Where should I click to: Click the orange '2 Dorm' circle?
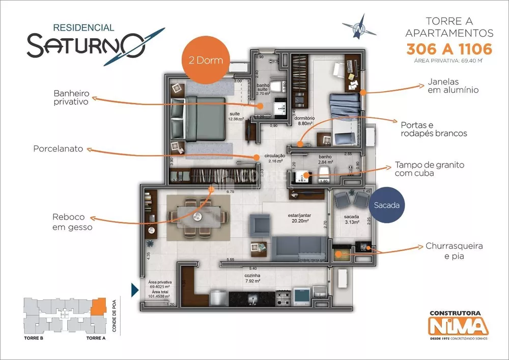[x=207, y=60]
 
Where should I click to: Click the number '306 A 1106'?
[x=449, y=49]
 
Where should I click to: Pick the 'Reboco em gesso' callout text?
[x=72, y=223]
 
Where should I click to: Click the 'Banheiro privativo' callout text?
[x=71, y=98]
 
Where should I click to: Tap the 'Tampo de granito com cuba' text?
[x=429, y=170]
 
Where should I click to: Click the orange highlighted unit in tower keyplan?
[x=98, y=306]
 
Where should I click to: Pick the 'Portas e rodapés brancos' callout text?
[x=434, y=129]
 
